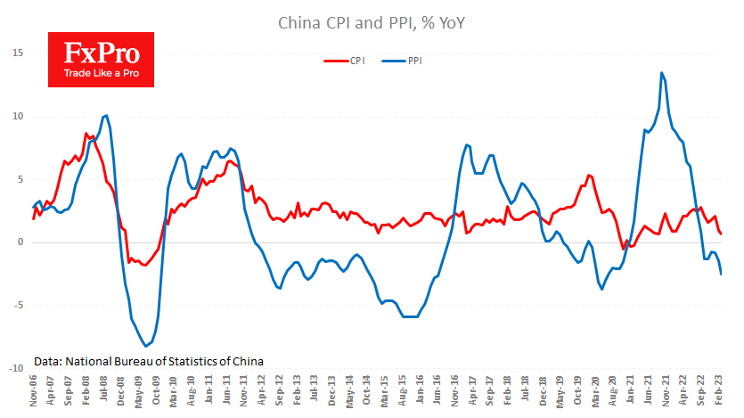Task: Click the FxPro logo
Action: coord(101,60)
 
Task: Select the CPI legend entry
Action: coord(344,61)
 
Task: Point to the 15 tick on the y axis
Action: coord(16,53)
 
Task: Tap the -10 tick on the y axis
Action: coord(13,368)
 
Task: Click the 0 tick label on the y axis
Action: coord(19,242)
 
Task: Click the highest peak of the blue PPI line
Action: coord(661,73)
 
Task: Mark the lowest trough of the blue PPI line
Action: coord(145,346)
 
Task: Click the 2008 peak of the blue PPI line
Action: coord(106,115)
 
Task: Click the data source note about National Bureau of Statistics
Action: coord(149,362)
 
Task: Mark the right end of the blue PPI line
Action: coord(721,275)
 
